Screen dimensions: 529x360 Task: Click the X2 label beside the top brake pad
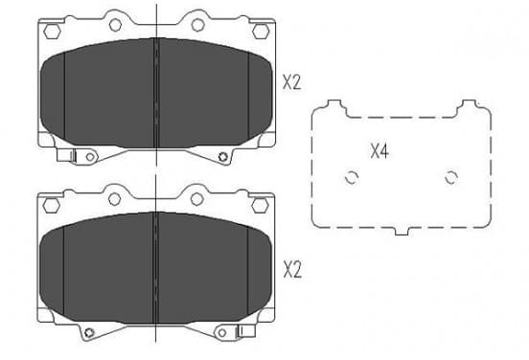pyautogui.click(x=292, y=82)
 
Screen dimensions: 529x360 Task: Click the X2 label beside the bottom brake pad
pyautogui.click(x=292, y=270)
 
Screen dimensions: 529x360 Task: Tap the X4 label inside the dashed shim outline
pyautogui.click(x=379, y=150)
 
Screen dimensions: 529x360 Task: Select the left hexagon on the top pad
pyautogui.click(x=52, y=32)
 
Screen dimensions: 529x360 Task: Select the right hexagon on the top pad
pyautogui.click(x=261, y=32)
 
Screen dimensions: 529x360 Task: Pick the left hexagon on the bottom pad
pyautogui.click(x=52, y=206)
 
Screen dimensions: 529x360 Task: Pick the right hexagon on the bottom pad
pyautogui.click(x=260, y=206)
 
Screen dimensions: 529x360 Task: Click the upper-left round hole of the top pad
pyautogui.click(x=115, y=25)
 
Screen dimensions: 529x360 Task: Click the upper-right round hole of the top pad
pyautogui.click(x=198, y=25)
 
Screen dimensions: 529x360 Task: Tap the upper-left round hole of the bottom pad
pyautogui.click(x=115, y=199)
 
